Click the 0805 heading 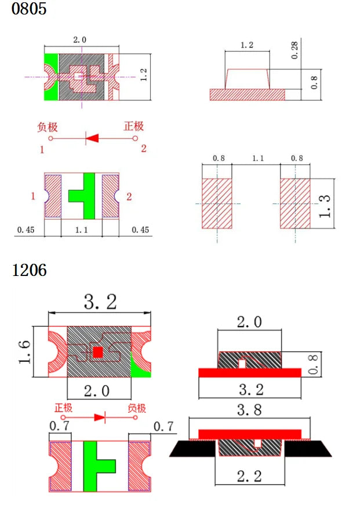point(29,9)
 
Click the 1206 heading point(29,270)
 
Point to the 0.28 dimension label point(294,50)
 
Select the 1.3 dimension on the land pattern point(325,206)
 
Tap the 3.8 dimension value point(249,410)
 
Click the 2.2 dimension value point(249,476)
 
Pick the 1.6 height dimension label point(24,352)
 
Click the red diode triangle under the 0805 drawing point(92,138)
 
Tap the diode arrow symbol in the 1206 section point(100,417)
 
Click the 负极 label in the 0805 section point(48,127)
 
